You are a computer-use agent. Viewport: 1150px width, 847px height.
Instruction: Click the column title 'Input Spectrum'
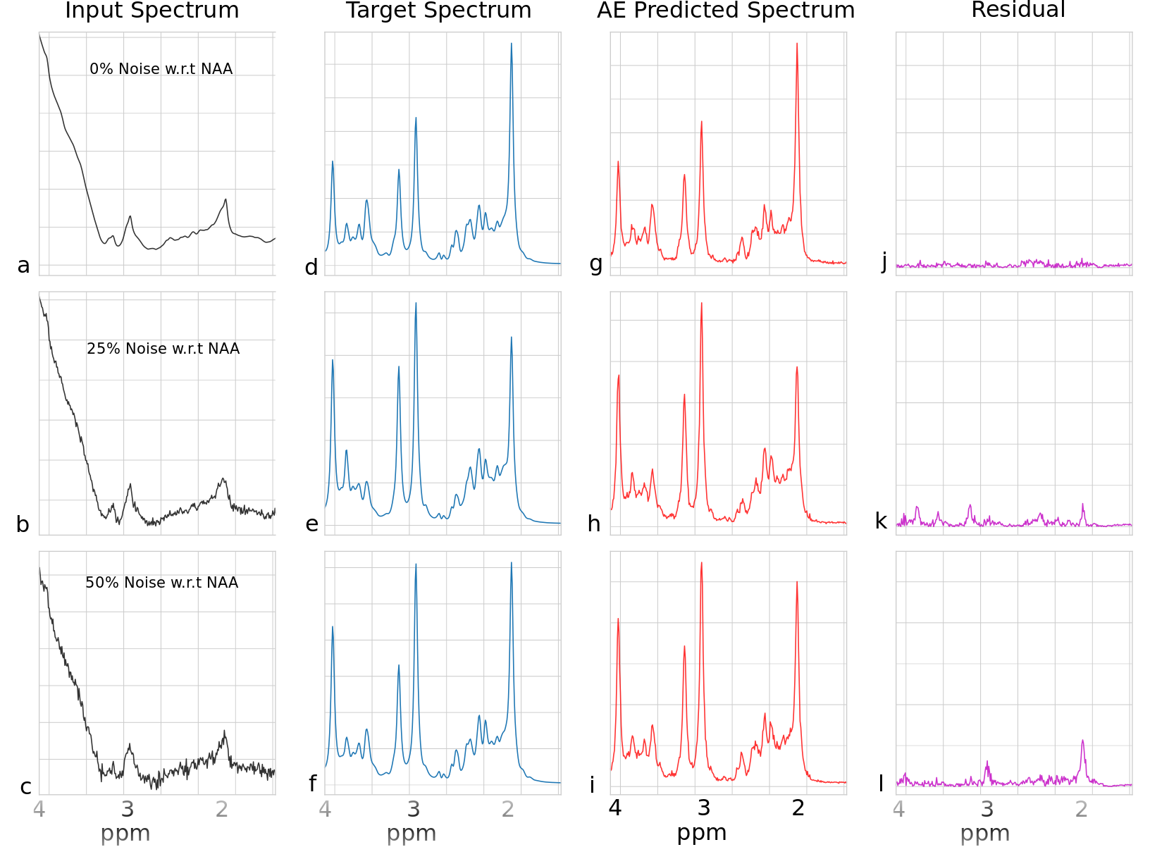pyautogui.click(x=152, y=11)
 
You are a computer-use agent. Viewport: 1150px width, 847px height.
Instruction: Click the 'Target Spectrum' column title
pyautogui.click(x=438, y=11)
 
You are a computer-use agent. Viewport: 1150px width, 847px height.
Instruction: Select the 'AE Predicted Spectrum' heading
pyautogui.click(x=726, y=11)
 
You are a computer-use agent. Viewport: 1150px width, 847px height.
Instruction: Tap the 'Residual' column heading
pyautogui.click(x=1018, y=10)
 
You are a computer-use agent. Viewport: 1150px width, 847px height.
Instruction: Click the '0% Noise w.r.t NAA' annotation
pyautogui.click(x=161, y=69)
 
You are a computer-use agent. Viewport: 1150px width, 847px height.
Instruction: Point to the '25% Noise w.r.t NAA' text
pyautogui.click(x=163, y=349)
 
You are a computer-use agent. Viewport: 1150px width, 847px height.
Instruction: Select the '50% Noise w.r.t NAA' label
pyautogui.click(x=161, y=583)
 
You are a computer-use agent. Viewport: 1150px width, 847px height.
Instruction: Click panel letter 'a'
pyautogui.click(x=24, y=266)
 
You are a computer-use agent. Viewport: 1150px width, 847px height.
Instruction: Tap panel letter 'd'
pyautogui.click(x=311, y=267)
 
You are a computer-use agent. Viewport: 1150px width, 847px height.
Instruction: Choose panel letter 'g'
pyautogui.click(x=596, y=264)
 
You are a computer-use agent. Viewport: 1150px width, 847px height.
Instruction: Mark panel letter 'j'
pyautogui.click(x=884, y=262)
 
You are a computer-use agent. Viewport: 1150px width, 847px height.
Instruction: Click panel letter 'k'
pyautogui.click(x=881, y=521)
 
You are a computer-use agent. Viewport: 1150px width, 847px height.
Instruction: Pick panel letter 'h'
pyautogui.click(x=594, y=524)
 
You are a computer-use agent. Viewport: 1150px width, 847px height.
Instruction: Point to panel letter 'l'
pyautogui.click(x=881, y=783)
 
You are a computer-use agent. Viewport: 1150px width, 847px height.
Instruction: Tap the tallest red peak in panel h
pyautogui.click(x=702, y=304)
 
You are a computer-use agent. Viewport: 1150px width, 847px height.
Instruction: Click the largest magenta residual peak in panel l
pyautogui.click(x=1082, y=741)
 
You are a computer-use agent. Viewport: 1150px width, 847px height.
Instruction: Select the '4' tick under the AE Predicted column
pyautogui.click(x=615, y=808)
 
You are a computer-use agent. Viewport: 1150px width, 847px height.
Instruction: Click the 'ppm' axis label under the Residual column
pyautogui.click(x=984, y=833)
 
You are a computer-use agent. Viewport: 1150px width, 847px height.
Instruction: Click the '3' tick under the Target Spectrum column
pyautogui.click(x=414, y=808)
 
